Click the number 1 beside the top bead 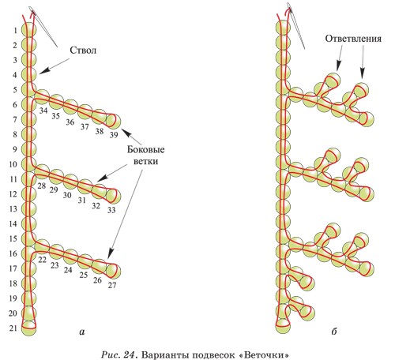pos(16,31)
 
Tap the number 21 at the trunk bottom pos(13,328)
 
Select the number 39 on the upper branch pos(114,135)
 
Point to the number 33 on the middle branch pos(111,210)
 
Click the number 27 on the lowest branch pos(112,285)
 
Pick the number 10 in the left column pos(13,164)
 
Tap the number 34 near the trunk pos(43,111)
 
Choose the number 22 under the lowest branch pos(42,260)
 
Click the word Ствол pos(83,51)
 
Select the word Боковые pos(145,149)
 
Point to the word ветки pos(145,161)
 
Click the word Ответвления pos(353,39)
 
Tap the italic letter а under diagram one pos(82,332)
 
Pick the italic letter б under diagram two pos(334,331)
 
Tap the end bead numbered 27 pos(114,271)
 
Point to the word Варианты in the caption pos(162,354)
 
